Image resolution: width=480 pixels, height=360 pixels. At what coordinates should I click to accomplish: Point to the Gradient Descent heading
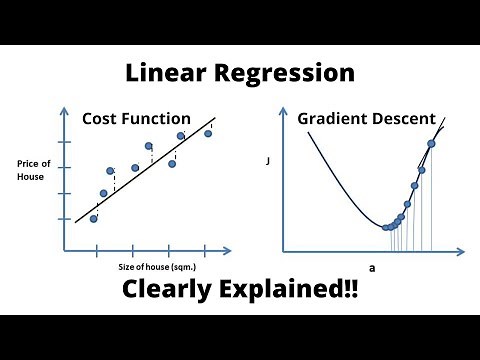tap(366, 118)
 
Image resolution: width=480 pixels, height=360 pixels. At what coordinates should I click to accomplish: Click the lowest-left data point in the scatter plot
tap(94, 218)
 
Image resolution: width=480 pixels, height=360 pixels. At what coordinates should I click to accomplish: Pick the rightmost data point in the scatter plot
tap(208, 133)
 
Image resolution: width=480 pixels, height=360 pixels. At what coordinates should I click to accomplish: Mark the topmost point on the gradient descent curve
tap(431, 143)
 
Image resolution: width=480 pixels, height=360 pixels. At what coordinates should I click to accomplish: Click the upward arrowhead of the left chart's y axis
tap(65, 109)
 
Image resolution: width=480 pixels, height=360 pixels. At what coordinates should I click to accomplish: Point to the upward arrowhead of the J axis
tap(285, 109)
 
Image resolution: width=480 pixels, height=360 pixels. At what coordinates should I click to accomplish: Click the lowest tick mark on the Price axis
tap(65, 219)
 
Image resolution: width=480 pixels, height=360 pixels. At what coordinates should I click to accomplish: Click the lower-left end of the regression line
tap(77, 221)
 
